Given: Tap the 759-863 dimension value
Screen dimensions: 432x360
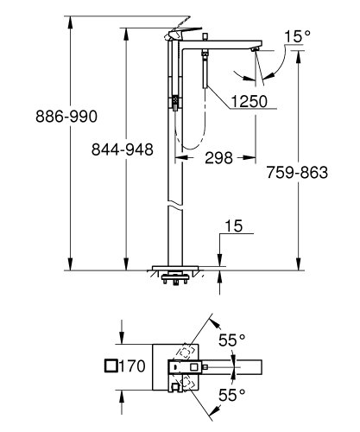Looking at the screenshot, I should (x=298, y=172).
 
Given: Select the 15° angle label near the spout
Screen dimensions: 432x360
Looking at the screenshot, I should (x=297, y=36).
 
